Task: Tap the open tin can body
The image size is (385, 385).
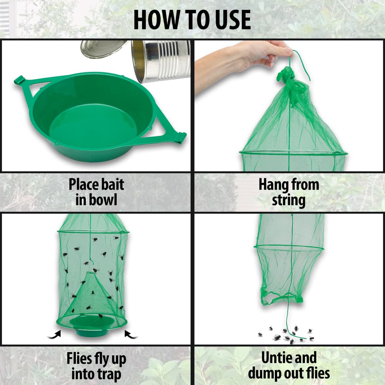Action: click(x=161, y=61)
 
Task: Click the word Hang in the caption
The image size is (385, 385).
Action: click(x=273, y=185)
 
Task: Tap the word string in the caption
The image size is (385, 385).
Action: click(x=289, y=201)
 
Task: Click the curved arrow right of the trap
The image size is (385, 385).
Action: click(x=131, y=335)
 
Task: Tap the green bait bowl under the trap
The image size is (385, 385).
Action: click(x=92, y=327)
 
